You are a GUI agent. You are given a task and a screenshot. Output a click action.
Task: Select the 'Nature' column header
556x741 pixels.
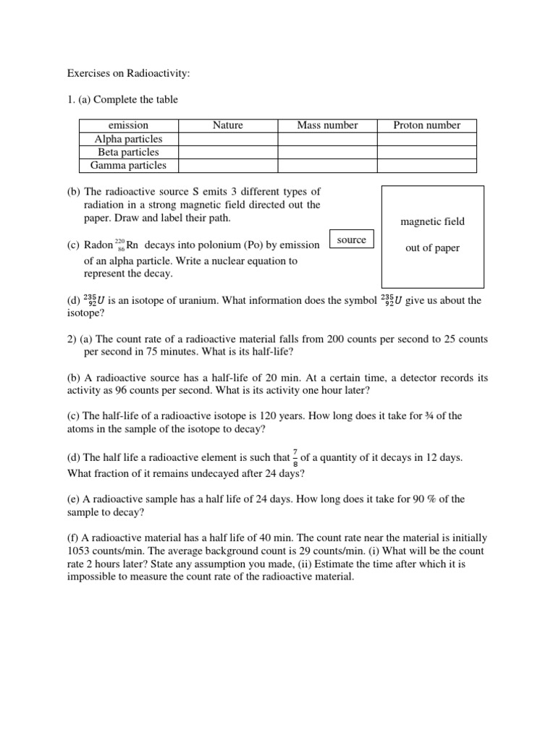click(227, 125)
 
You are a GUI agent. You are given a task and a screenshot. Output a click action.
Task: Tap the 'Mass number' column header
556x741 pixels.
click(327, 125)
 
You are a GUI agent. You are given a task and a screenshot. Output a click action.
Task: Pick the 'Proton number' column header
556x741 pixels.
click(426, 125)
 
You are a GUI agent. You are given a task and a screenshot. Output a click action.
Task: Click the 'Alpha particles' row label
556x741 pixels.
click(128, 139)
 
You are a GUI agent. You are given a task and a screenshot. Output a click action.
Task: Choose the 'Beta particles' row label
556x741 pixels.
click(128, 152)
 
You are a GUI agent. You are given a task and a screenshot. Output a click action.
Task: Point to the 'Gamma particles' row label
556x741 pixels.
click(128, 165)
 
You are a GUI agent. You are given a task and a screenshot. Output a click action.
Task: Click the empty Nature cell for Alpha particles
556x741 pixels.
click(227, 139)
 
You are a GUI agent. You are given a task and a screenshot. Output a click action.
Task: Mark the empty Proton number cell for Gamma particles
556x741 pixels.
click(426, 165)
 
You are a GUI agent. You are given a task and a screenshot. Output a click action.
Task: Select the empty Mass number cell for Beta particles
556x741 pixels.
click(327, 152)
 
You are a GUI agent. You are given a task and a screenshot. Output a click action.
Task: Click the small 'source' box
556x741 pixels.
click(351, 240)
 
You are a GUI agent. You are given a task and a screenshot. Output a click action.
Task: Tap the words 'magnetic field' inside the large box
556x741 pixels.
click(432, 221)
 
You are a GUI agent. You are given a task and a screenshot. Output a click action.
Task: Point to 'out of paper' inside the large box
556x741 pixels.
click(432, 248)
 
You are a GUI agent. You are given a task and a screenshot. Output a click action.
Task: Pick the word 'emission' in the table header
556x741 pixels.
click(128, 125)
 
